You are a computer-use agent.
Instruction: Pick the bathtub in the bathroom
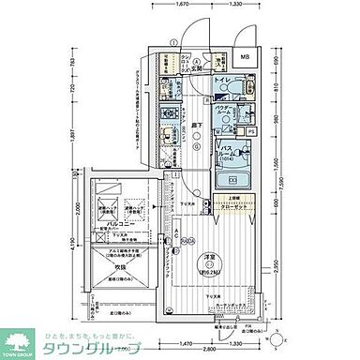[228, 181]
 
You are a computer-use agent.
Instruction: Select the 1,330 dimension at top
[237, 6]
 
